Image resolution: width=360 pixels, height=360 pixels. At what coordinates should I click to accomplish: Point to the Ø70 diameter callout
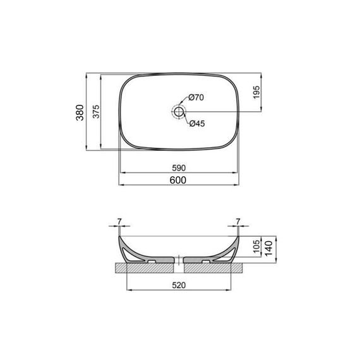point(196,98)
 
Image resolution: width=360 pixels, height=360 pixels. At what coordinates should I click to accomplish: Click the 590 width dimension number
point(179,168)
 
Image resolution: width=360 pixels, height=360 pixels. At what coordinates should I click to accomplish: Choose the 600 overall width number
point(179,180)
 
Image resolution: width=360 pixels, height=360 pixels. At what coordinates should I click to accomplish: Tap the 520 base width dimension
point(179,285)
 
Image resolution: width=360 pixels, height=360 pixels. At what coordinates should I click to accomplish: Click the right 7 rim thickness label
point(238,222)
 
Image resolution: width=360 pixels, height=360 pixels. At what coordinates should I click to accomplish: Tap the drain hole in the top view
point(179,112)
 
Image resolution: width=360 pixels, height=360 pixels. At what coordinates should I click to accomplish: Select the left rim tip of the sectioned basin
point(119,239)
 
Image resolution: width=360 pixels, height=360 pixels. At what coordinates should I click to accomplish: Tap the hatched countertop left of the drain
point(145,267)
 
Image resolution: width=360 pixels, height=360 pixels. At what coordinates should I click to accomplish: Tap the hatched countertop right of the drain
point(215,267)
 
